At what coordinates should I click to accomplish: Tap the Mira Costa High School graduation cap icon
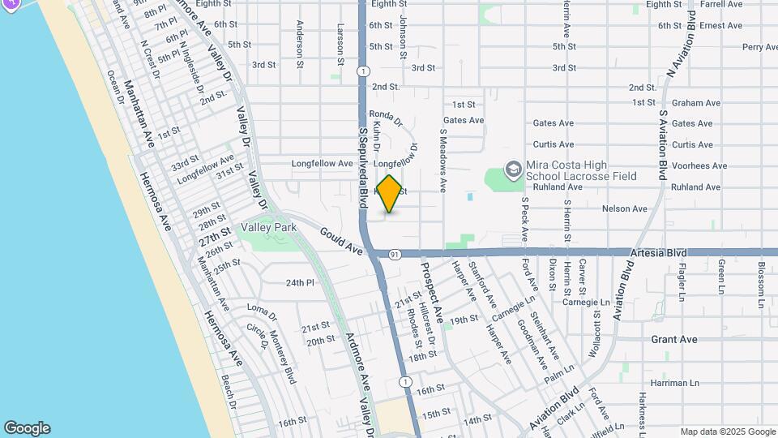coord(512,170)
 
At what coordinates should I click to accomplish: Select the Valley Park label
coord(268,227)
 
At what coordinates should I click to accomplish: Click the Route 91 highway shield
coord(394,254)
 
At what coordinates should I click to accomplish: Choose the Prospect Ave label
coord(432,290)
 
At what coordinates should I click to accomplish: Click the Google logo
coord(27,428)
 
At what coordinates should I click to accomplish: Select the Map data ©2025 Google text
coord(728,432)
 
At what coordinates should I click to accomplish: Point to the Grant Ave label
coord(674,339)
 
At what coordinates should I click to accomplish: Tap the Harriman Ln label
coord(674,382)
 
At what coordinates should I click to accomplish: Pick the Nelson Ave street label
coord(625,208)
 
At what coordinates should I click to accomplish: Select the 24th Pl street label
coord(299,282)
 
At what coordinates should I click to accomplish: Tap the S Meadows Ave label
coord(442,159)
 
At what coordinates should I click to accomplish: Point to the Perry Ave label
coord(759,47)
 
